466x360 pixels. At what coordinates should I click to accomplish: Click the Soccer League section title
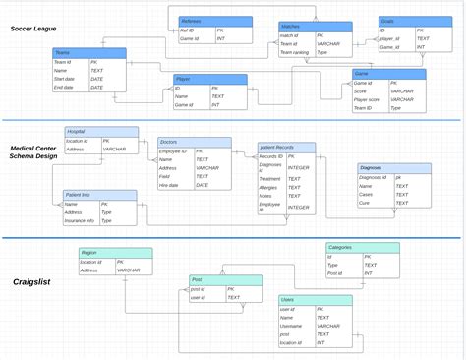pos(33,29)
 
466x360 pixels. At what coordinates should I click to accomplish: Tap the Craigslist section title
pos(31,282)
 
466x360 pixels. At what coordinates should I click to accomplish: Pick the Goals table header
pos(386,21)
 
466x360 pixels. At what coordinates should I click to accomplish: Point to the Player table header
pos(183,78)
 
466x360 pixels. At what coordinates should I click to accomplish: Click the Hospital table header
pos(76,131)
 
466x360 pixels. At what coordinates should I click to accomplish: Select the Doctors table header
pos(168,142)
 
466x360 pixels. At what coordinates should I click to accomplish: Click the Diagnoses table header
pos(373,168)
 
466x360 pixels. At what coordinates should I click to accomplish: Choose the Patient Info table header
pos(78,195)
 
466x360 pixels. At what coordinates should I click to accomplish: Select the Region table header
pos(89,253)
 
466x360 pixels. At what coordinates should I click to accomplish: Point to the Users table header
pos(287,299)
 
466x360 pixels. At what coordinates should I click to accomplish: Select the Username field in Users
pos(290,326)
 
